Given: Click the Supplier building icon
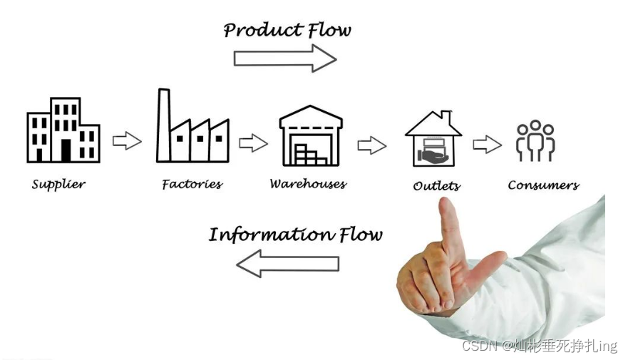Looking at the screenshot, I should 63,130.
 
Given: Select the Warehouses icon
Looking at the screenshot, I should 311,135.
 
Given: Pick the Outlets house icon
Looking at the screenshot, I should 433,139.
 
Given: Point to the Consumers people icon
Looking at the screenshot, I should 535,140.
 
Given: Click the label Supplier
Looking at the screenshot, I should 58,185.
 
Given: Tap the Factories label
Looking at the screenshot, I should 192,185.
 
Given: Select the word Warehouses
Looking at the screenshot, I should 308,185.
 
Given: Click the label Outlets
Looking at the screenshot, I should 436,186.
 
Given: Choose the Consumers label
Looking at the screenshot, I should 543,185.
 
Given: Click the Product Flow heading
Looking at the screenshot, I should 287,30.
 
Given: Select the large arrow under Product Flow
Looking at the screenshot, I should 285,58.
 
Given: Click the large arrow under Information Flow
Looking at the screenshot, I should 287,264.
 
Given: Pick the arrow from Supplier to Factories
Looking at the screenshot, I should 127,140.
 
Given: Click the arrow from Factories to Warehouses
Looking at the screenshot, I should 253,143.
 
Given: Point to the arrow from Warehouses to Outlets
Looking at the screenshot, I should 371,145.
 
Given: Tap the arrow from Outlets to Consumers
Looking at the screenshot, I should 487,145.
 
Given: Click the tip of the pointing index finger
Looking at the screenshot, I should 446,204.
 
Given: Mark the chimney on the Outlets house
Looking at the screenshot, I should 446,115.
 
